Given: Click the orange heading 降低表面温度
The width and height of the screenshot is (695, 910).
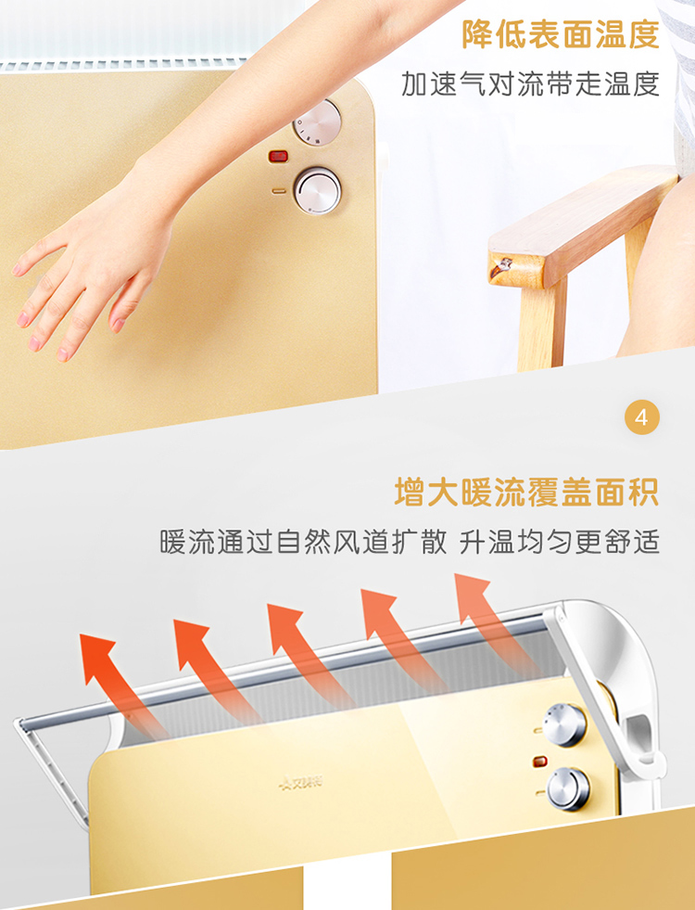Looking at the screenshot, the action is tap(561, 34).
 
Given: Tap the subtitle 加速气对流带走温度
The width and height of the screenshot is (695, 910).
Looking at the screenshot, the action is tap(530, 83).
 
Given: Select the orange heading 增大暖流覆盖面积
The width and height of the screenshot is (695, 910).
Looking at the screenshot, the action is tap(526, 493).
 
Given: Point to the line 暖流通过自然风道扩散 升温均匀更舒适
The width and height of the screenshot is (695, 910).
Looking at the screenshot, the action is tap(410, 542).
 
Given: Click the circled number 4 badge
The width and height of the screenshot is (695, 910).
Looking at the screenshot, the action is tap(642, 417).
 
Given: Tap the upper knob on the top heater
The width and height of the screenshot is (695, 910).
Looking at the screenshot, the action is tap(317, 122).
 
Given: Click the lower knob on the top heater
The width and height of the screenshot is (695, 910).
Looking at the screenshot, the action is tap(317, 190).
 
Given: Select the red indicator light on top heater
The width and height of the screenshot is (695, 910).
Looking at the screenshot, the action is tap(278, 156).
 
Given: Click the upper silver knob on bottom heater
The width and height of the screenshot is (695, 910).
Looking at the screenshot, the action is tap(564, 724).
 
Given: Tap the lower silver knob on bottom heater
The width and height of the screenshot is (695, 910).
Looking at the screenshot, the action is tap(569, 788).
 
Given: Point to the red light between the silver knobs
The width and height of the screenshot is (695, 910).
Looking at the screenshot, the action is tap(540, 761).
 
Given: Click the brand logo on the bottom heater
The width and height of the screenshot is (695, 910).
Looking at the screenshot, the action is tap(301, 783).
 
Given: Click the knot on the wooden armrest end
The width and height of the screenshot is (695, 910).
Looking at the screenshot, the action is tap(501, 268).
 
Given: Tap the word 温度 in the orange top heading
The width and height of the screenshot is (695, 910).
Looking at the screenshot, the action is tap(627, 34).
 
